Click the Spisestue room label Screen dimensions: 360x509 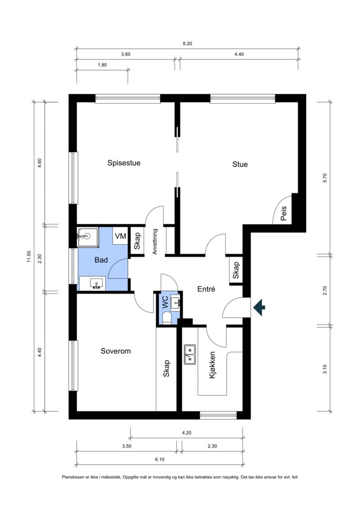pyautogui.click(x=124, y=163)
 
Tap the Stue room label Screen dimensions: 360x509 pyautogui.click(x=240, y=164)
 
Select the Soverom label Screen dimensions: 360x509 pyautogui.click(x=116, y=351)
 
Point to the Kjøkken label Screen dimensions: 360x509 pyautogui.click(x=212, y=365)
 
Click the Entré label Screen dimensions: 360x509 pyautogui.click(x=206, y=289)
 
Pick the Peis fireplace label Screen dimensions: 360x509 pyautogui.click(x=283, y=213)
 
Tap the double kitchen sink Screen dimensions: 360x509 pyautogui.click(x=189, y=354)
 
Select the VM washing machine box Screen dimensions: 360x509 pyautogui.click(x=121, y=236)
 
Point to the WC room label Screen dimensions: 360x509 pyautogui.click(x=165, y=302)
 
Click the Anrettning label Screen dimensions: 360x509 pyautogui.click(x=155, y=242)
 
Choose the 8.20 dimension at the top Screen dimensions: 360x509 pyautogui.click(x=187, y=44)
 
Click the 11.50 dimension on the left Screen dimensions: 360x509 pyautogui.click(x=29, y=257)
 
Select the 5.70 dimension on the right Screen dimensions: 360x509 pyautogui.click(x=325, y=178)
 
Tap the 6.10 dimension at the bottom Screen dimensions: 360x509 pyautogui.click(x=160, y=459)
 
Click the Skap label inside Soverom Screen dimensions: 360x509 pyautogui.click(x=166, y=369)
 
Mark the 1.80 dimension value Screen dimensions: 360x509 pyautogui.click(x=102, y=65)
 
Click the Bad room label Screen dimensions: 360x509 pyautogui.click(x=101, y=260)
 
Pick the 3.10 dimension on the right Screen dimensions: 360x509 pyautogui.click(x=325, y=369)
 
